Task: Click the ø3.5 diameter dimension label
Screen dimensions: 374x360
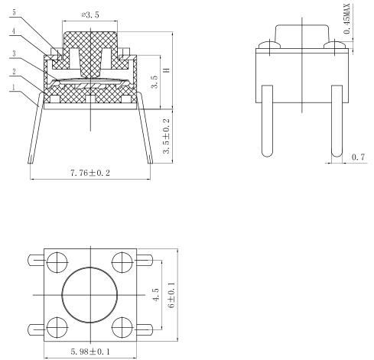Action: pyautogui.click(x=90, y=15)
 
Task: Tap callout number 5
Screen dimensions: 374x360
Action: pyautogui.click(x=14, y=12)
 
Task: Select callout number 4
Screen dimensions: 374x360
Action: pyautogui.click(x=14, y=31)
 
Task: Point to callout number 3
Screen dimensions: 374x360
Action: pyautogui.click(x=14, y=54)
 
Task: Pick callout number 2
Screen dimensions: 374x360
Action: pyautogui.click(x=14, y=71)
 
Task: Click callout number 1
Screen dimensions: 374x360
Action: pyautogui.click(x=14, y=88)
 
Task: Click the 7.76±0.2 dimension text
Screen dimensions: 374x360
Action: pyautogui.click(x=90, y=174)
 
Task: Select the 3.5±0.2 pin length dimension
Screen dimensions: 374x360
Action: pyautogui.click(x=166, y=136)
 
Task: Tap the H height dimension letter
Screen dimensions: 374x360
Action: pyautogui.click(x=167, y=70)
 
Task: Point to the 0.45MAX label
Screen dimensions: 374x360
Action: pyautogui.click(x=347, y=19)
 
